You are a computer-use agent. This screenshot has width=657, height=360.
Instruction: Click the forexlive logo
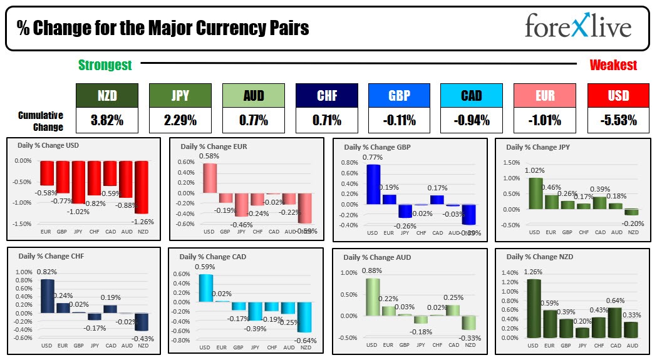(x=578, y=27)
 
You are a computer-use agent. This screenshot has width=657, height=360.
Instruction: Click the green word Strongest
(x=105, y=64)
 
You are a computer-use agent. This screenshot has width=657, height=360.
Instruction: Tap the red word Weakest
(x=613, y=64)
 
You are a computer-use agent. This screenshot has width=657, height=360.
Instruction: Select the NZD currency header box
(x=106, y=95)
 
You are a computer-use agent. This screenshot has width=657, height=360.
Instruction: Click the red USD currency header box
(x=618, y=95)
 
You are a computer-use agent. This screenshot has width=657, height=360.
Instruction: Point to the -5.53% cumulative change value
(x=618, y=120)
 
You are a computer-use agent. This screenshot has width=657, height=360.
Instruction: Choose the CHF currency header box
(x=326, y=95)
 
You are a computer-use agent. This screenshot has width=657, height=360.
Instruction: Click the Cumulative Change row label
(x=41, y=121)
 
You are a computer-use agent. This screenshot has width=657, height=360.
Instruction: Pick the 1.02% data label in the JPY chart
(x=534, y=170)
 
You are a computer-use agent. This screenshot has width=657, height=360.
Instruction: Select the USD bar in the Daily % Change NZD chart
(x=534, y=307)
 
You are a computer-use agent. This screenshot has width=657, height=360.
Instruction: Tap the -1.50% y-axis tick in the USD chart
(x=23, y=224)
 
